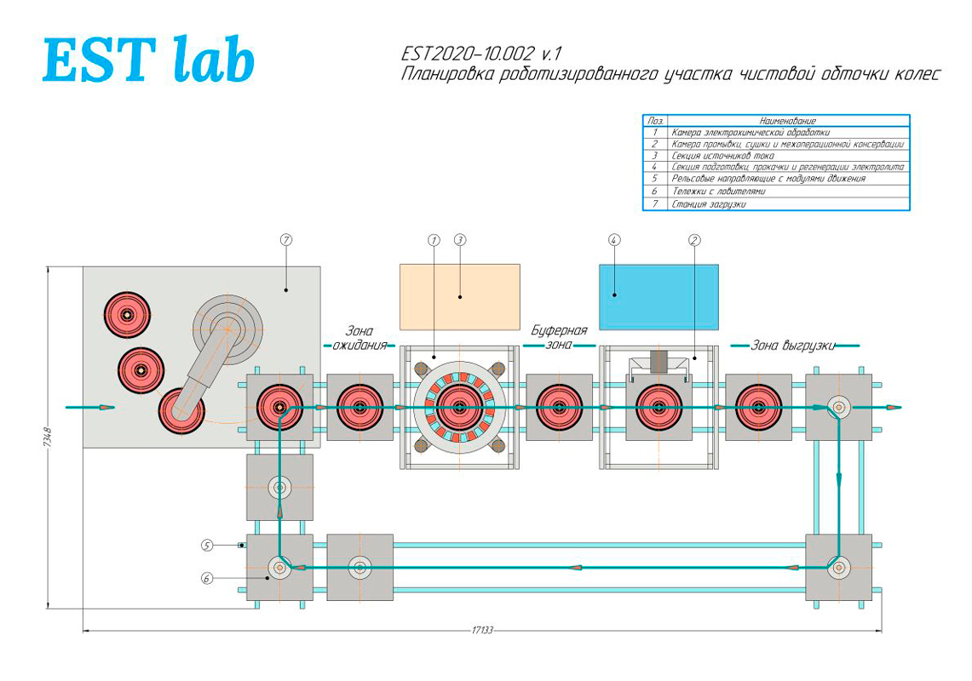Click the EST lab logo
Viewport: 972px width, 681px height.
tap(148, 59)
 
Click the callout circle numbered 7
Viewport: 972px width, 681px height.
tap(286, 241)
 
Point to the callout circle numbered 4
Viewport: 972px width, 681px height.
tap(614, 241)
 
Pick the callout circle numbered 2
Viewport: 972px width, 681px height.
tap(694, 241)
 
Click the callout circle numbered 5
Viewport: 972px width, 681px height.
tap(206, 544)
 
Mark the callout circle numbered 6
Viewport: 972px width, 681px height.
tap(206, 578)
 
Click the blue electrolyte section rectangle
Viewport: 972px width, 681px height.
tap(659, 296)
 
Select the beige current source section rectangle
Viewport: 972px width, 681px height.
tap(459, 296)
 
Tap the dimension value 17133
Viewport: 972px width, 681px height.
tap(482, 631)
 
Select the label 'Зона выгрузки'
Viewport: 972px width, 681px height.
tap(792, 346)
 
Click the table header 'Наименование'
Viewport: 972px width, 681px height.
tap(787, 121)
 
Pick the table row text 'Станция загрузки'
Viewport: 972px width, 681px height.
tap(708, 204)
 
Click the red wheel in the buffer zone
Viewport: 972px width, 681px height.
tap(560, 408)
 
